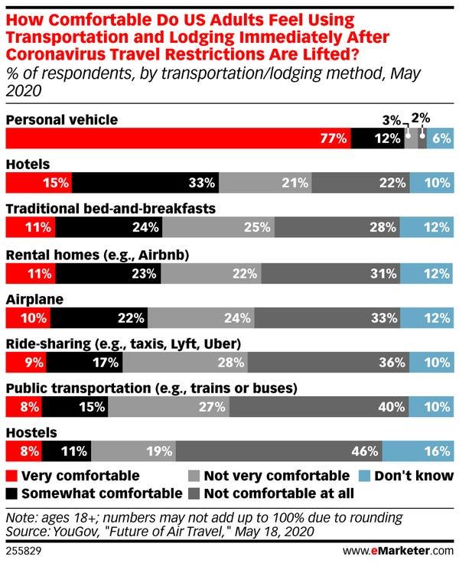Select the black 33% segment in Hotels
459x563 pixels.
point(146,183)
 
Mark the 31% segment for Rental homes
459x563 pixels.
point(340,272)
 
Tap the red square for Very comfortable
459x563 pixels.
point(11,476)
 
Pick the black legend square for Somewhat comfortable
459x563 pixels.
point(11,493)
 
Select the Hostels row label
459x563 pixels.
point(30,433)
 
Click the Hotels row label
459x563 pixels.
point(28,164)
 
